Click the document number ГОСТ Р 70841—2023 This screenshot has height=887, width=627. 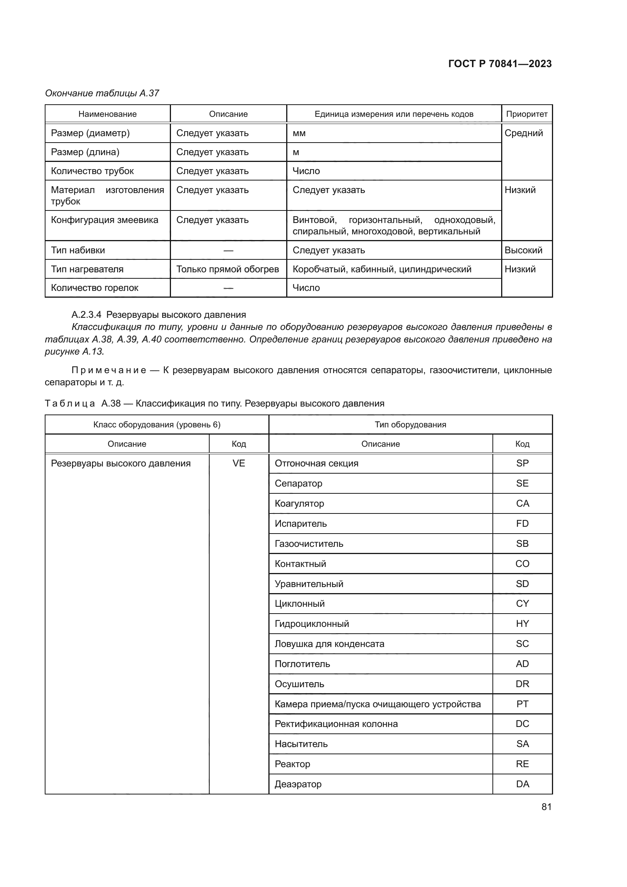pyautogui.click(x=500, y=64)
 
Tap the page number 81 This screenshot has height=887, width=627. pyautogui.click(x=546, y=807)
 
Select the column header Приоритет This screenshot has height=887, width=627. pyautogui.click(x=527, y=114)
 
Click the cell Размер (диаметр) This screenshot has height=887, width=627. pyautogui.click(x=90, y=133)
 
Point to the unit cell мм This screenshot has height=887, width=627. pyautogui.click(x=299, y=133)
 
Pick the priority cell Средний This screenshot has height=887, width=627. pyautogui.click(x=524, y=133)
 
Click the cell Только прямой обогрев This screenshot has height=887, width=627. pyautogui.click(x=228, y=269)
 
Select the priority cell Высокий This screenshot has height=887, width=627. pyautogui.click(x=523, y=250)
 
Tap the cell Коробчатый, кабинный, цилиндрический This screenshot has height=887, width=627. pyautogui.click(x=382, y=269)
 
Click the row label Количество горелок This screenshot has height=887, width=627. pyautogui.click(x=95, y=288)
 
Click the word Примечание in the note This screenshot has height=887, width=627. pyautogui.click(x=109, y=370)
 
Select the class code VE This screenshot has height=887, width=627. pyautogui.click(x=238, y=463)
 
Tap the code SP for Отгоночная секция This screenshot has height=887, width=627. pyautogui.click(x=522, y=463)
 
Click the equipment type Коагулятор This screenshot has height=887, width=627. pyautogui.click(x=299, y=503)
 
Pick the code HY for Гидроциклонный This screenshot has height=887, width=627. pyautogui.click(x=522, y=623)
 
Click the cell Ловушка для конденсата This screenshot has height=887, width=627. pyautogui.click(x=329, y=644)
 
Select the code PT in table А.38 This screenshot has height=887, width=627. pyautogui.click(x=522, y=704)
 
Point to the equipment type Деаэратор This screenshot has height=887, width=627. pyautogui.click(x=298, y=784)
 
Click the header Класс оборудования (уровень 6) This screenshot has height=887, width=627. pyautogui.click(x=157, y=425)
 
